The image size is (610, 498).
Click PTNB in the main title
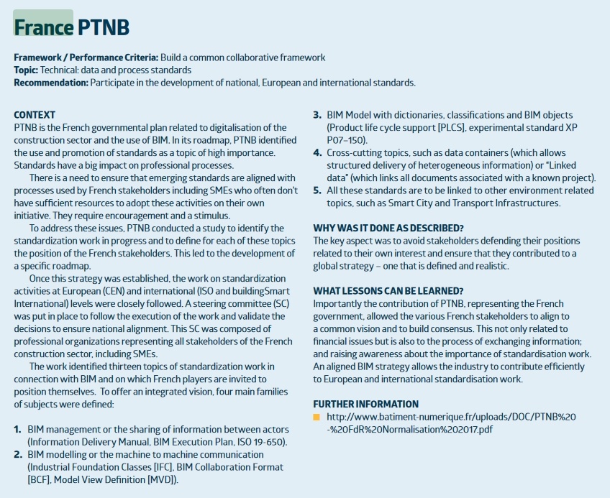point(104,27)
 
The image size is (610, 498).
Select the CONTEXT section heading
point(35,115)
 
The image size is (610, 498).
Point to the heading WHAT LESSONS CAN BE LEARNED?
point(388,291)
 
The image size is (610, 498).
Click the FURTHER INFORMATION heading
point(365,404)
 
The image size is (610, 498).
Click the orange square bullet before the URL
point(317,417)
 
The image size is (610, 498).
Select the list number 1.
point(17,429)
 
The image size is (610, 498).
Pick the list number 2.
point(18,454)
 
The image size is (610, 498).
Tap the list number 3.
point(317,115)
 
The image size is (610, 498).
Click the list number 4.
point(317,152)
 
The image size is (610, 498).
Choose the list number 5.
point(317,190)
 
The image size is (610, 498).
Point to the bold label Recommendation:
point(50,83)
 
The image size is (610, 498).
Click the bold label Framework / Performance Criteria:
point(86,57)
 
